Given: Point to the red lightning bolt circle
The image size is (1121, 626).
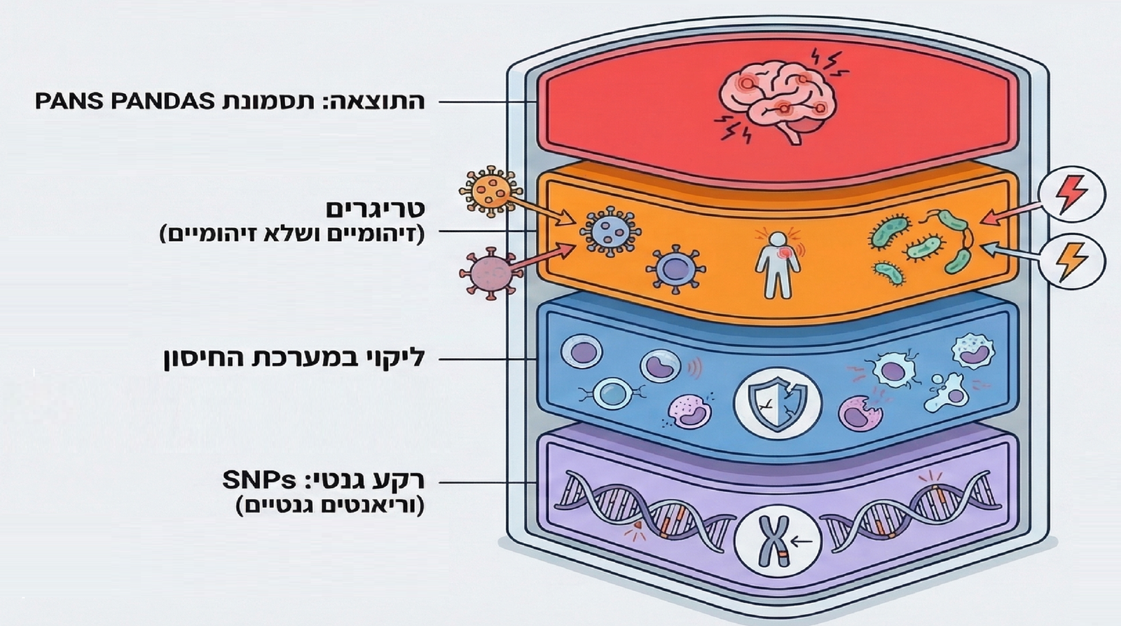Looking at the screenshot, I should pyautogui.click(x=1071, y=195).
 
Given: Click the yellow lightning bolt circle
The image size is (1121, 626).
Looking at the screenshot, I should pyautogui.click(x=1071, y=261).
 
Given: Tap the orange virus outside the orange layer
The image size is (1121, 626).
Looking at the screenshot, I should pyautogui.click(x=490, y=189).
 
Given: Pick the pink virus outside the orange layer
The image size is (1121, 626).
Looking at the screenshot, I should pyautogui.click(x=490, y=272).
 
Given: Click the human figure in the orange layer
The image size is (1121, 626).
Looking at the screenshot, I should pyautogui.click(x=777, y=265).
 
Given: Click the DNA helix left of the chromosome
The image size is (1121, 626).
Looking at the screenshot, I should pyautogui.click(x=645, y=508).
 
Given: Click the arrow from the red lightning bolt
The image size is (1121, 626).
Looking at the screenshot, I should pyautogui.click(x=1010, y=212).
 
